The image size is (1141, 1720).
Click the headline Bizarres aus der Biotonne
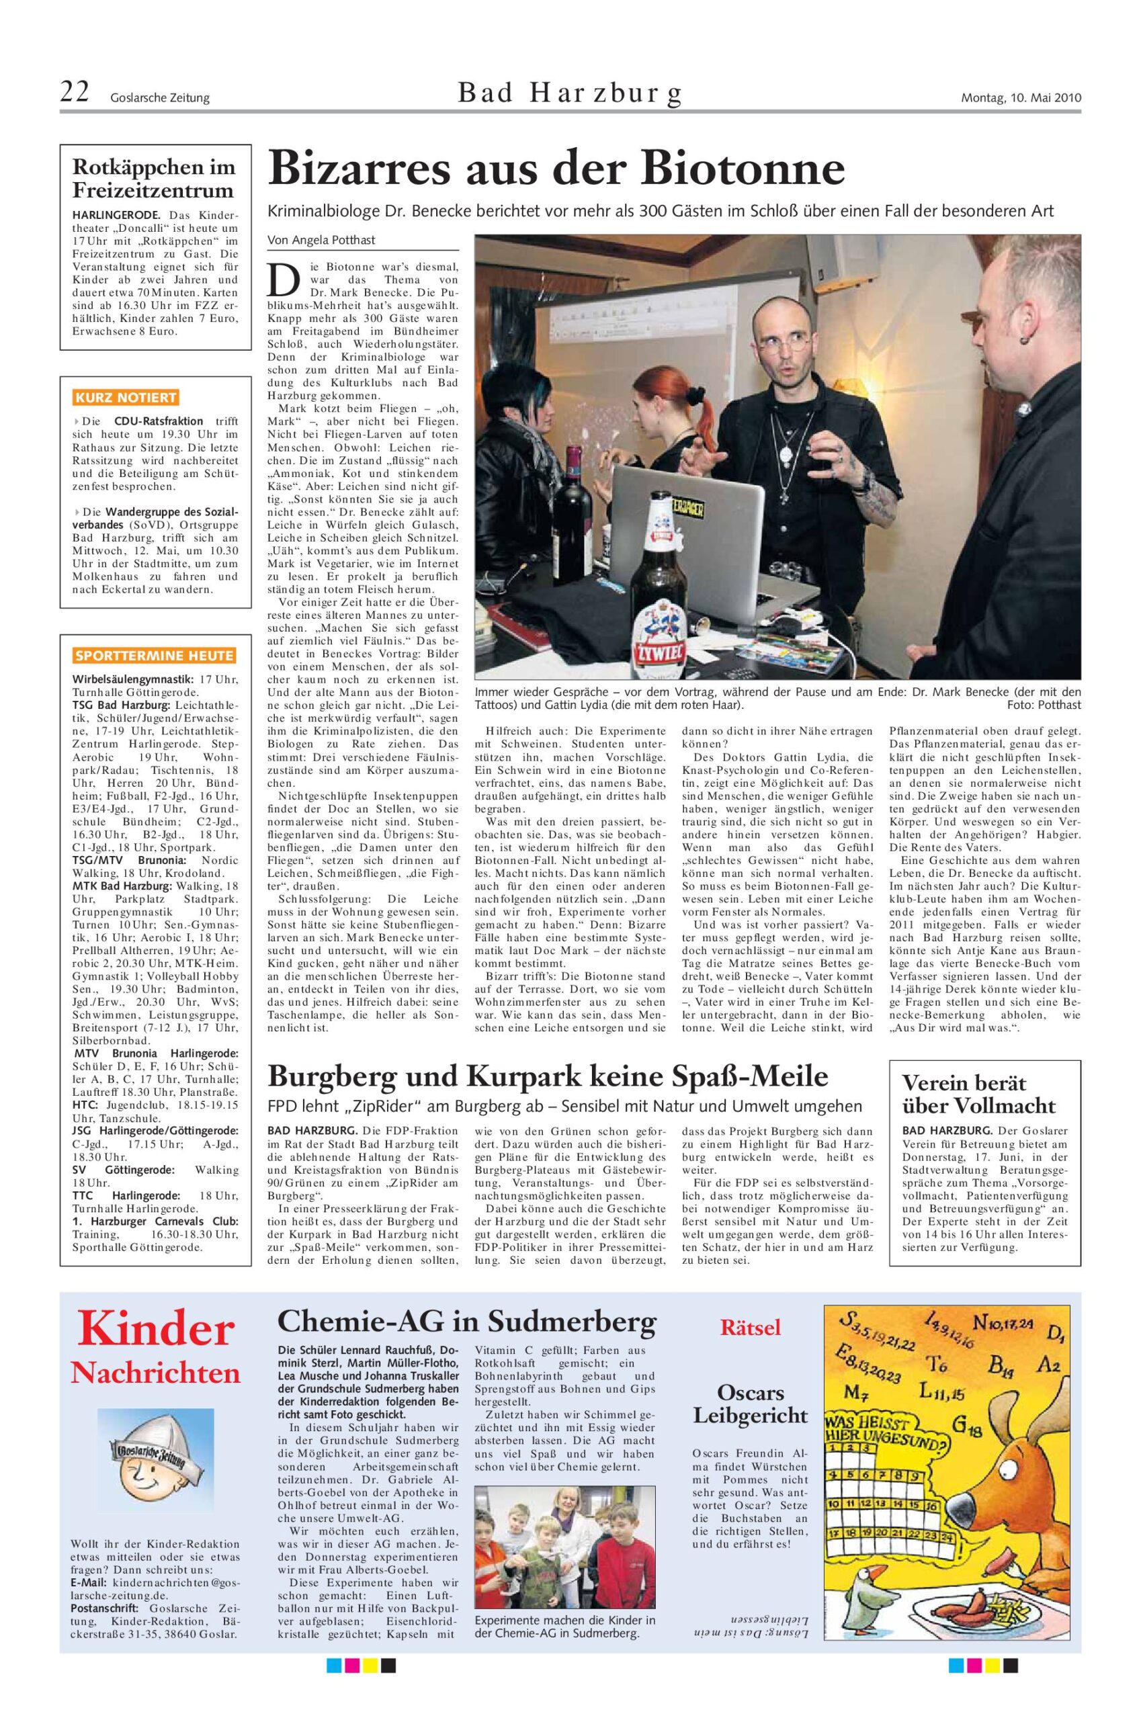(556, 169)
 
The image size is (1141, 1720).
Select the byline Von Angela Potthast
(322, 239)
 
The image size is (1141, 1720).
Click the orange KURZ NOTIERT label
(126, 398)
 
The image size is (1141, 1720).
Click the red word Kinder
(157, 1328)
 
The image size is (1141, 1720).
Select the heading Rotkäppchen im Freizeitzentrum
(155, 179)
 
